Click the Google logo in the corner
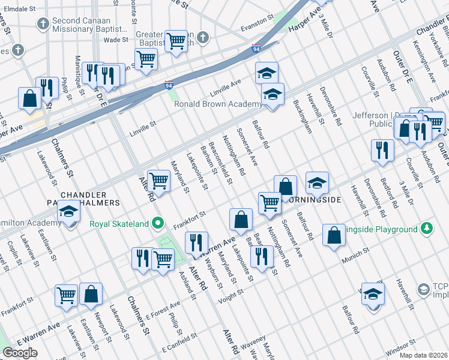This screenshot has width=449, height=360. coord(19,353)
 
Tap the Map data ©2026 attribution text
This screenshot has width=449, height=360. coord(424,355)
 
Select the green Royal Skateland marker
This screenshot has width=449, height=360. coord(158,224)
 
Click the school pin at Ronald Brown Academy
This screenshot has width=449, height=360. coord(273,95)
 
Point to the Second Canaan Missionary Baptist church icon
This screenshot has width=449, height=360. coord(42,23)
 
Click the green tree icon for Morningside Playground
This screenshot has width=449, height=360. coord(426,229)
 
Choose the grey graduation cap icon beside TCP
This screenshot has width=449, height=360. coord(424,290)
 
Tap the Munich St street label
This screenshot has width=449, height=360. coord(354,260)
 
